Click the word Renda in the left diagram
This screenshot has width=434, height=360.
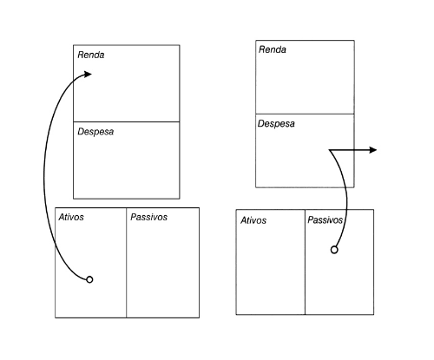tap(91, 55)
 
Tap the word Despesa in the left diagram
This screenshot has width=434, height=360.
tap(95, 132)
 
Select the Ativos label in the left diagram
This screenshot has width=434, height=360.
tap(71, 217)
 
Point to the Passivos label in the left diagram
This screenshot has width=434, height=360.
tap(148, 217)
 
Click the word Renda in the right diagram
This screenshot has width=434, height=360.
tap(273, 49)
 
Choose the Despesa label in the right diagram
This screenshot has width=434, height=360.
tap(276, 124)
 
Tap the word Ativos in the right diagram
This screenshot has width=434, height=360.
tap(253, 220)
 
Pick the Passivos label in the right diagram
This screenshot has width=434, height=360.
tap(325, 220)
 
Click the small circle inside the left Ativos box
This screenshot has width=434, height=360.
tap(89, 279)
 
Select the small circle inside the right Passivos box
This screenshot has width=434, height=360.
tap(334, 250)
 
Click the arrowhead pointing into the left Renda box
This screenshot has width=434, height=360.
tap(88, 74)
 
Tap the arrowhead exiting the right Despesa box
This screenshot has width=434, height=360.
tap(373, 150)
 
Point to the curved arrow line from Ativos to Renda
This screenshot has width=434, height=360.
tap(44, 173)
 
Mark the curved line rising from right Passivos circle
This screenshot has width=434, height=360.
tap(346, 200)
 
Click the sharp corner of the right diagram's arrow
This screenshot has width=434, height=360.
tap(329, 150)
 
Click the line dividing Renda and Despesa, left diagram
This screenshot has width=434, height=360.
tap(127, 121)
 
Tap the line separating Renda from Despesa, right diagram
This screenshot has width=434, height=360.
tap(305, 114)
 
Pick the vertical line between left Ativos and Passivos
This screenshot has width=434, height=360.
tap(127, 263)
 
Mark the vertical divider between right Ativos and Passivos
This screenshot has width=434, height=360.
tap(305, 262)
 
